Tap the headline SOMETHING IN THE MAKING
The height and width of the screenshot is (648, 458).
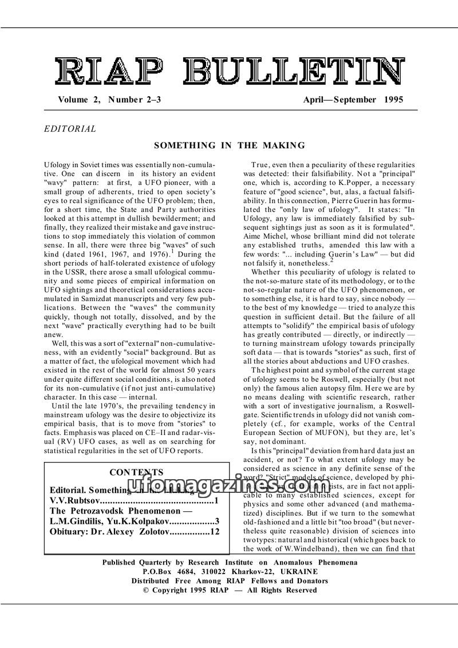(229, 145)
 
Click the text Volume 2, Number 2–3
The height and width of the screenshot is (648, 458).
(109, 100)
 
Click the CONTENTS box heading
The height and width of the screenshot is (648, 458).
(136, 472)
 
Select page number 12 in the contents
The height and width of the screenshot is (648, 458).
(215, 532)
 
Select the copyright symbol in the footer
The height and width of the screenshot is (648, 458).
(146, 590)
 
